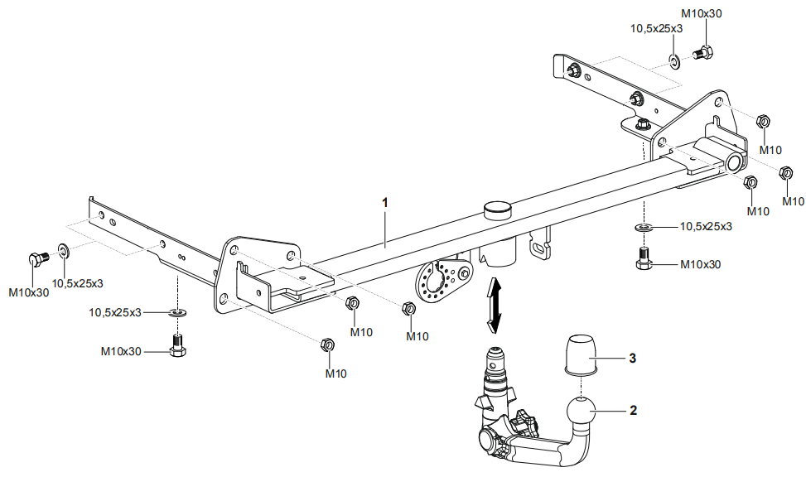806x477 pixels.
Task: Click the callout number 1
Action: (x=385, y=203)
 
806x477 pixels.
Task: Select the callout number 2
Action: (x=633, y=410)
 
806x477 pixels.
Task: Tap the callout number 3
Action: (x=633, y=358)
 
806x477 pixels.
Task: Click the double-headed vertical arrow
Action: (x=494, y=304)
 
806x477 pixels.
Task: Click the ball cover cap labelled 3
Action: (x=581, y=354)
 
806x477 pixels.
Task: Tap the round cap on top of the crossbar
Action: (x=498, y=211)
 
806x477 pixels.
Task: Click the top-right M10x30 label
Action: (x=701, y=13)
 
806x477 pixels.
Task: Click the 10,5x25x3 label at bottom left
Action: (x=115, y=312)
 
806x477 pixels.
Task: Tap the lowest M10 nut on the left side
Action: (x=327, y=344)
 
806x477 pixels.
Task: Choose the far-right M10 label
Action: (x=793, y=201)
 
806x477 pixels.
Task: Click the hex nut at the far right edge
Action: (x=785, y=173)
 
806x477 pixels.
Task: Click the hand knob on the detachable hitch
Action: (x=525, y=423)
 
